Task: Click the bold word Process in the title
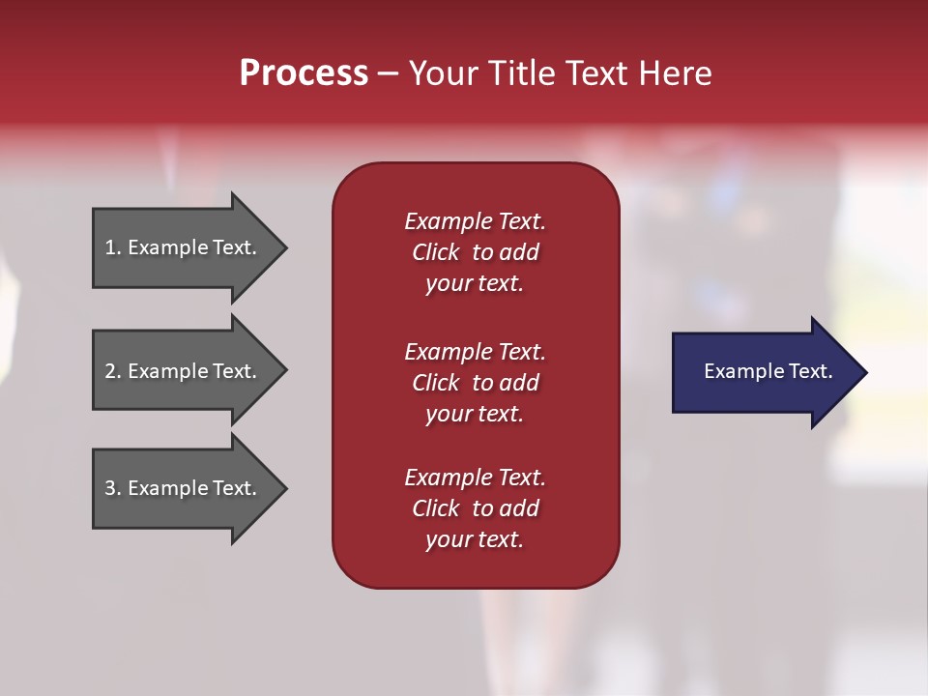(x=304, y=73)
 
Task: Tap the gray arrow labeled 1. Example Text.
(x=184, y=247)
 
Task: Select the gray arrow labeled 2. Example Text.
(x=184, y=371)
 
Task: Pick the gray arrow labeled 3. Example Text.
(x=184, y=488)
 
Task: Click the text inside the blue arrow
(x=768, y=371)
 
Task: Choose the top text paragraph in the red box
(x=475, y=252)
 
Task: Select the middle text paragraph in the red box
(x=475, y=383)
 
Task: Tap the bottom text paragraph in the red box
(x=475, y=508)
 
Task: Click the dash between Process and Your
(x=388, y=73)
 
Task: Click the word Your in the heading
(x=443, y=73)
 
